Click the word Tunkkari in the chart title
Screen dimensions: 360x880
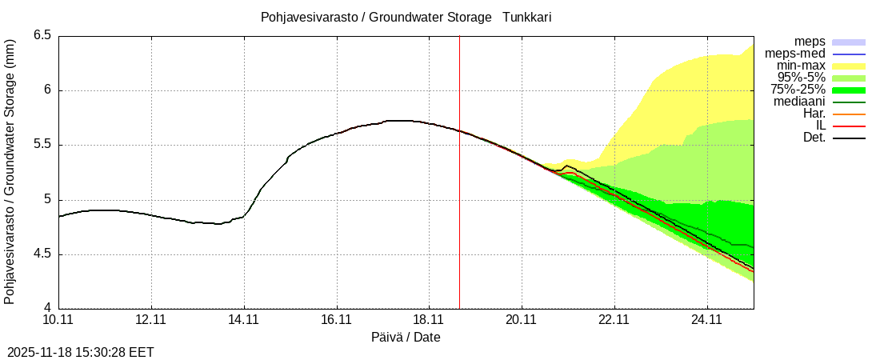(x=526, y=17)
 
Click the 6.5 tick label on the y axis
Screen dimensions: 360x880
(x=42, y=35)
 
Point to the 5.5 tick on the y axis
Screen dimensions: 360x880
(x=42, y=145)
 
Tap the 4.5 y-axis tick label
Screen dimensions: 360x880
(x=42, y=254)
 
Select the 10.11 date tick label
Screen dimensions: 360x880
(x=58, y=320)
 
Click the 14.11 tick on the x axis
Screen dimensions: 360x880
(x=244, y=320)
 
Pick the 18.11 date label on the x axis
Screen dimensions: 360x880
(x=430, y=320)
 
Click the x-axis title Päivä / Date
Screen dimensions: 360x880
(x=406, y=338)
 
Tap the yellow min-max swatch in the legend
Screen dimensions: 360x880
(x=849, y=66)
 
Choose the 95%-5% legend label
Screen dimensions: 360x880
(x=798, y=78)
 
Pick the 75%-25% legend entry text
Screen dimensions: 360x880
(x=798, y=90)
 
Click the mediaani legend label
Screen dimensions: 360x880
(x=800, y=102)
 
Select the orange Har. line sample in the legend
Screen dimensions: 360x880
(x=849, y=114)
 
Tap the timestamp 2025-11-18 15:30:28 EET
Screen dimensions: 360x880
(x=80, y=352)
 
